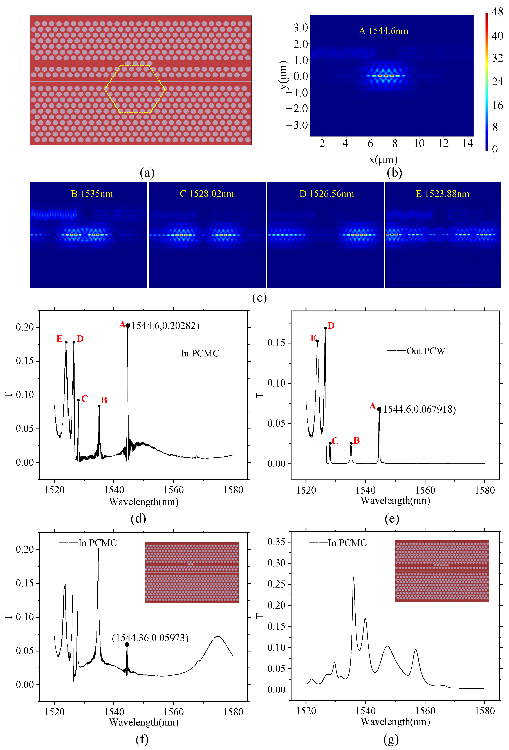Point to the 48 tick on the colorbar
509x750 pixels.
tap(497, 12)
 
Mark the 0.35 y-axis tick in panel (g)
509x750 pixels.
tap(276, 542)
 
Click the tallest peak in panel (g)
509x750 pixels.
tap(353, 577)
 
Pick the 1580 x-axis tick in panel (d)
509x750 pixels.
tap(233, 490)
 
